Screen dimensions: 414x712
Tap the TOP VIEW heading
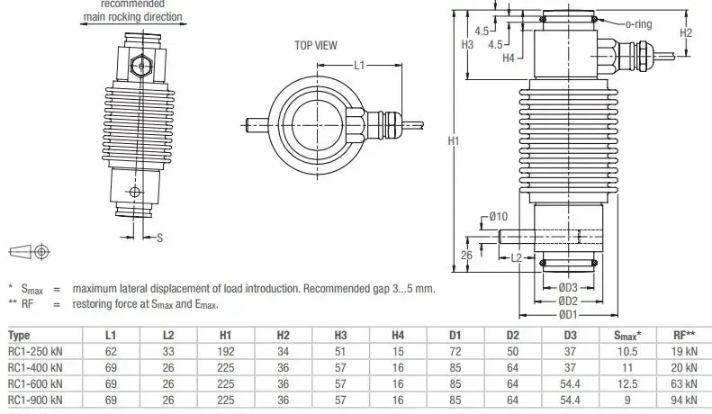316,44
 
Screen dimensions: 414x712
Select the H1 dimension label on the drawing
454,141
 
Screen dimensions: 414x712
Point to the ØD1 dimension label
566,313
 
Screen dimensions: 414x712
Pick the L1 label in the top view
359,66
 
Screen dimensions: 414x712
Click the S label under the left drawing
159,238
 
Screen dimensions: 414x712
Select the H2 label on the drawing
685,32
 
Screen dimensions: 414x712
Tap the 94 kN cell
684,400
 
